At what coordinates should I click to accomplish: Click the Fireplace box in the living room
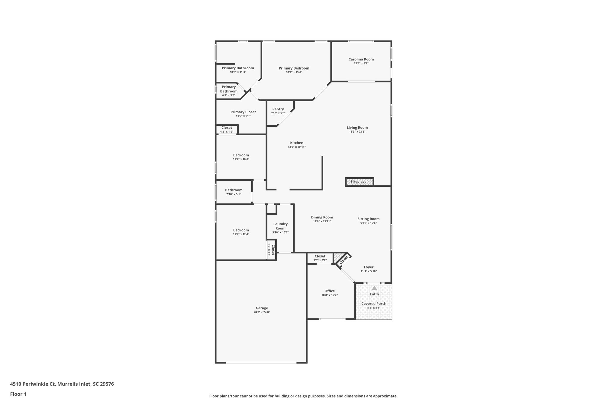[x=359, y=182]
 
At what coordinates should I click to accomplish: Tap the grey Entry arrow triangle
[x=374, y=288]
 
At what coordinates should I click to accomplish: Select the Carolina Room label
[x=361, y=59]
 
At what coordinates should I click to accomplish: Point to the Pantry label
[x=278, y=109]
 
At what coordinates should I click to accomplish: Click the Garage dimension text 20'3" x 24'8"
[x=262, y=312]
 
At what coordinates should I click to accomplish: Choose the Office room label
[x=330, y=291]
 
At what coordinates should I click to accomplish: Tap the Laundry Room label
[x=280, y=226]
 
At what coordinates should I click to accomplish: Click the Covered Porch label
[x=374, y=304]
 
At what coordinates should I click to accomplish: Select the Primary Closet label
[x=243, y=112]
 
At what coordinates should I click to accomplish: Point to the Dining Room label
[x=322, y=217]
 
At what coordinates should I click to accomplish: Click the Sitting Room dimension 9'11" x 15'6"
[x=368, y=223]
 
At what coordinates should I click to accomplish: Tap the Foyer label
[x=369, y=267]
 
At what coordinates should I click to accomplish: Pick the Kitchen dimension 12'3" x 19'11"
[x=297, y=147]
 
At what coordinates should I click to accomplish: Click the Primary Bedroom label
[x=294, y=68]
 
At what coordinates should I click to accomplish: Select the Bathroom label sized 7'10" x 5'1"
[x=234, y=190]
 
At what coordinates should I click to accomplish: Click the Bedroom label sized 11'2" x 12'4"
[x=241, y=230]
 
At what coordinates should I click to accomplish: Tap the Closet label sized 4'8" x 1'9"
[x=227, y=128]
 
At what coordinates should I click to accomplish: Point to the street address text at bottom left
[x=62, y=384]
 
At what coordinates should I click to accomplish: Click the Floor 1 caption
[x=18, y=394]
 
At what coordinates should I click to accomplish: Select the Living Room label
[x=357, y=128]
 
